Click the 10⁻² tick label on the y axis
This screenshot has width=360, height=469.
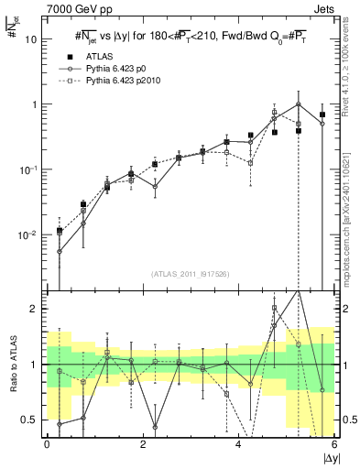(x=27, y=235)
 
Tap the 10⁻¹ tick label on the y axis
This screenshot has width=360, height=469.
(x=27, y=169)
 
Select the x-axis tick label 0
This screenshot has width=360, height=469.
(x=47, y=443)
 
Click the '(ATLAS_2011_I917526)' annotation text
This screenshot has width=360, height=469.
(x=191, y=274)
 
